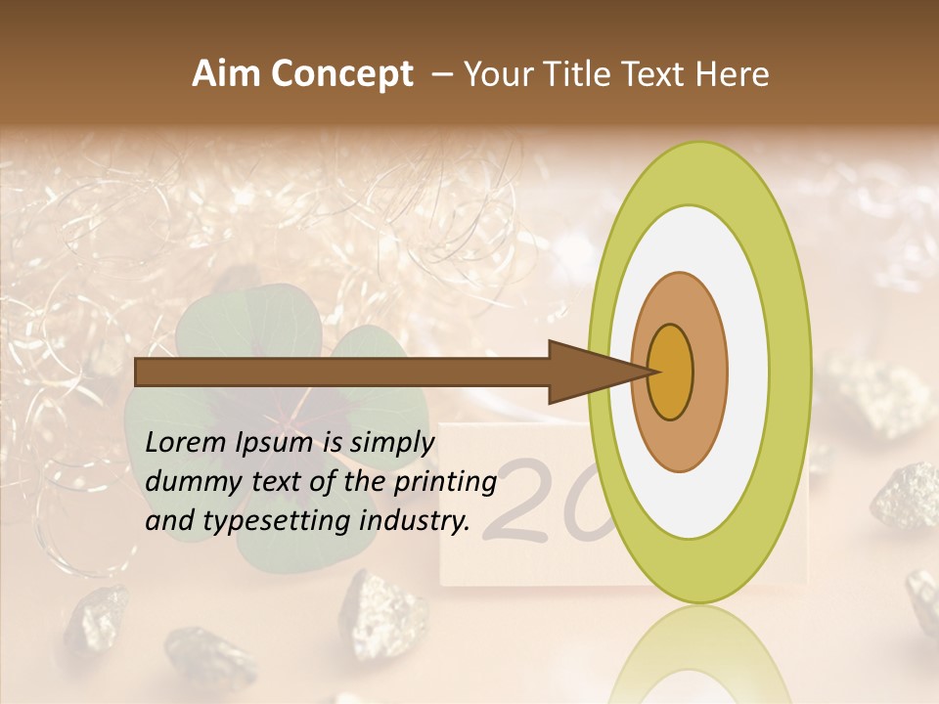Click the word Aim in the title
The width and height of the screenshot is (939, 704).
[x=227, y=74]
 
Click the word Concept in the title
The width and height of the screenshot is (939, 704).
[x=340, y=74]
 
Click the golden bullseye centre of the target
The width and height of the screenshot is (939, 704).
[x=670, y=372]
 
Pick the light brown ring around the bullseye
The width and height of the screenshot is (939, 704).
[x=710, y=372]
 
